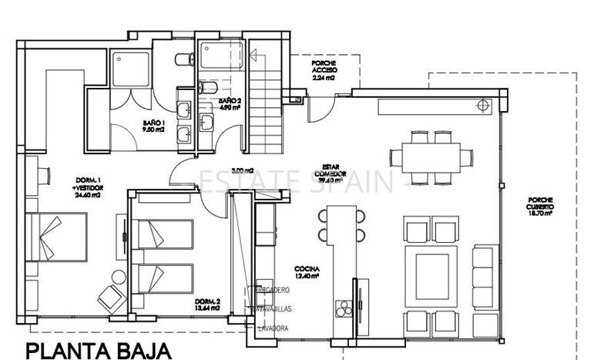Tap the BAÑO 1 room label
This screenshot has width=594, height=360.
(x=153, y=126)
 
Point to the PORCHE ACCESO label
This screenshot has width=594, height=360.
(x=324, y=70)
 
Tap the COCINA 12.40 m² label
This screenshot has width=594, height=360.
(x=306, y=271)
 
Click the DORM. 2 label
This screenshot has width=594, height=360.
(x=207, y=304)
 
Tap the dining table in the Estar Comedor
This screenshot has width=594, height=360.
(x=430, y=156)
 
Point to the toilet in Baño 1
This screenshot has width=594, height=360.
(x=182, y=60)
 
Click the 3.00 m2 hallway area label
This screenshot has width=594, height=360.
(x=243, y=170)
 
